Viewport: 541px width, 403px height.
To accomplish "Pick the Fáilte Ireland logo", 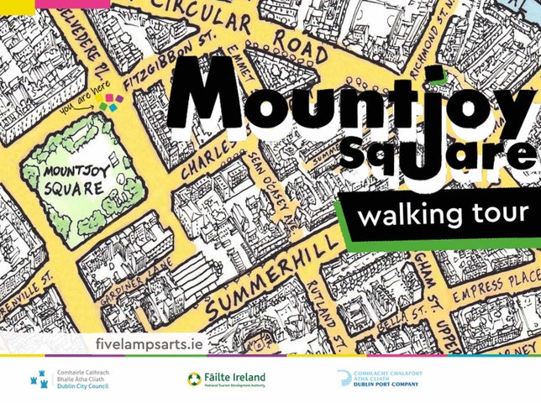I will tap(226, 379).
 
